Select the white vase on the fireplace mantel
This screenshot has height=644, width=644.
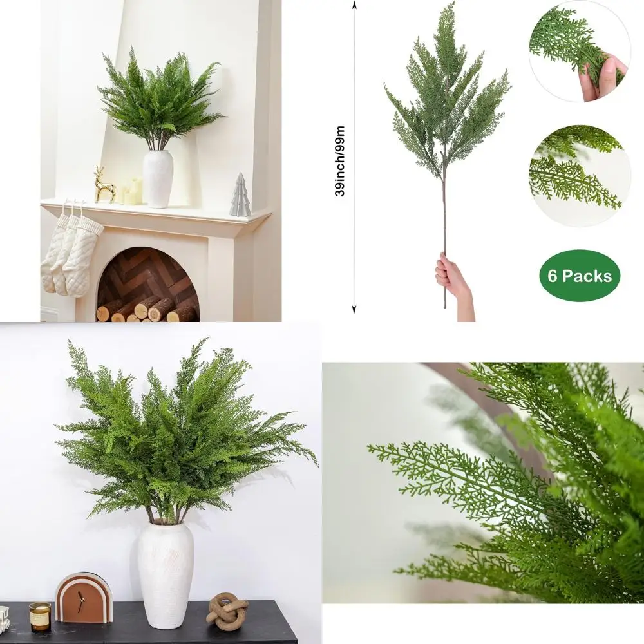click(x=158, y=179)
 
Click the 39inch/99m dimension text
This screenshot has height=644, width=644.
click(x=341, y=161)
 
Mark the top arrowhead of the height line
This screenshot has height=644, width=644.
click(x=354, y=5)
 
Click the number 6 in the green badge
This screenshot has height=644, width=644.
click(x=553, y=276)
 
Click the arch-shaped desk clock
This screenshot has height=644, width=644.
click(x=84, y=598)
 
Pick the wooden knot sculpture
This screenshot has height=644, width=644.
click(x=227, y=611)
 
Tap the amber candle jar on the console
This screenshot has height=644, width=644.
click(x=40, y=616)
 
